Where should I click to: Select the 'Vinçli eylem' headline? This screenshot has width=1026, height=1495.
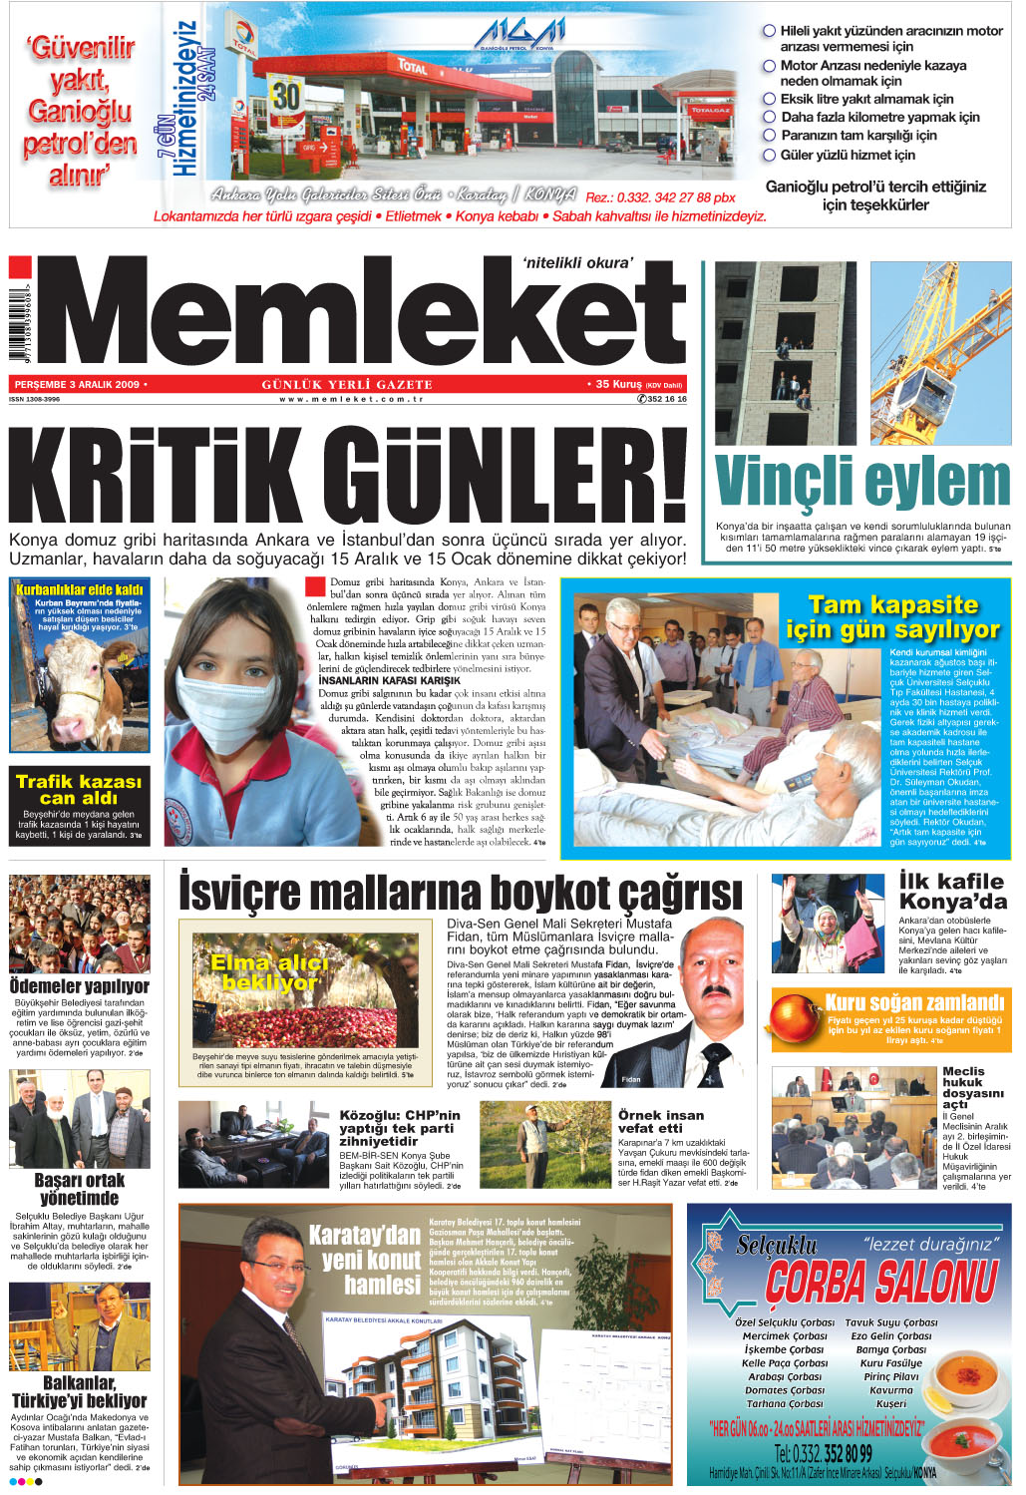pyautogui.click(x=862, y=483)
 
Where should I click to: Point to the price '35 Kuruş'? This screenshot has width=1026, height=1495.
pyautogui.click(x=618, y=384)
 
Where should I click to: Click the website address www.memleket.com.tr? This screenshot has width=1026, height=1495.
pyautogui.click(x=351, y=399)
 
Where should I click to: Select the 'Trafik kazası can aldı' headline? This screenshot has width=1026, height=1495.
pyautogui.click(x=79, y=789)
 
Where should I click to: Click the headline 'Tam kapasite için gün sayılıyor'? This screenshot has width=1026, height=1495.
pyautogui.click(x=892, y=617)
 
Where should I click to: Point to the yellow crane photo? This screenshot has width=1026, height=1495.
pyautogui.click(x=940, y=352)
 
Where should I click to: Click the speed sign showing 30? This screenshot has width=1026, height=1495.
pyautogui.click(x=286, y=97)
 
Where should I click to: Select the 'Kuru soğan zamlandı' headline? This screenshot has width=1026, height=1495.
pyautogui.click(x=914, y=1002)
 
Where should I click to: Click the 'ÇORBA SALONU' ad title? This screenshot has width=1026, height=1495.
pyautogui.click(x=881, y=1281)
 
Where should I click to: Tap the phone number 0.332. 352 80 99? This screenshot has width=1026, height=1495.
pyautogui.click(x=823, y=1453)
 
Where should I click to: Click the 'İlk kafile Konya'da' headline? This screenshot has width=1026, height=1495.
pyautogui.click(x=952, y=891)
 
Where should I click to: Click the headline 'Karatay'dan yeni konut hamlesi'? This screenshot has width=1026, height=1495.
pyautogui.click(x=366, y=1259)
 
